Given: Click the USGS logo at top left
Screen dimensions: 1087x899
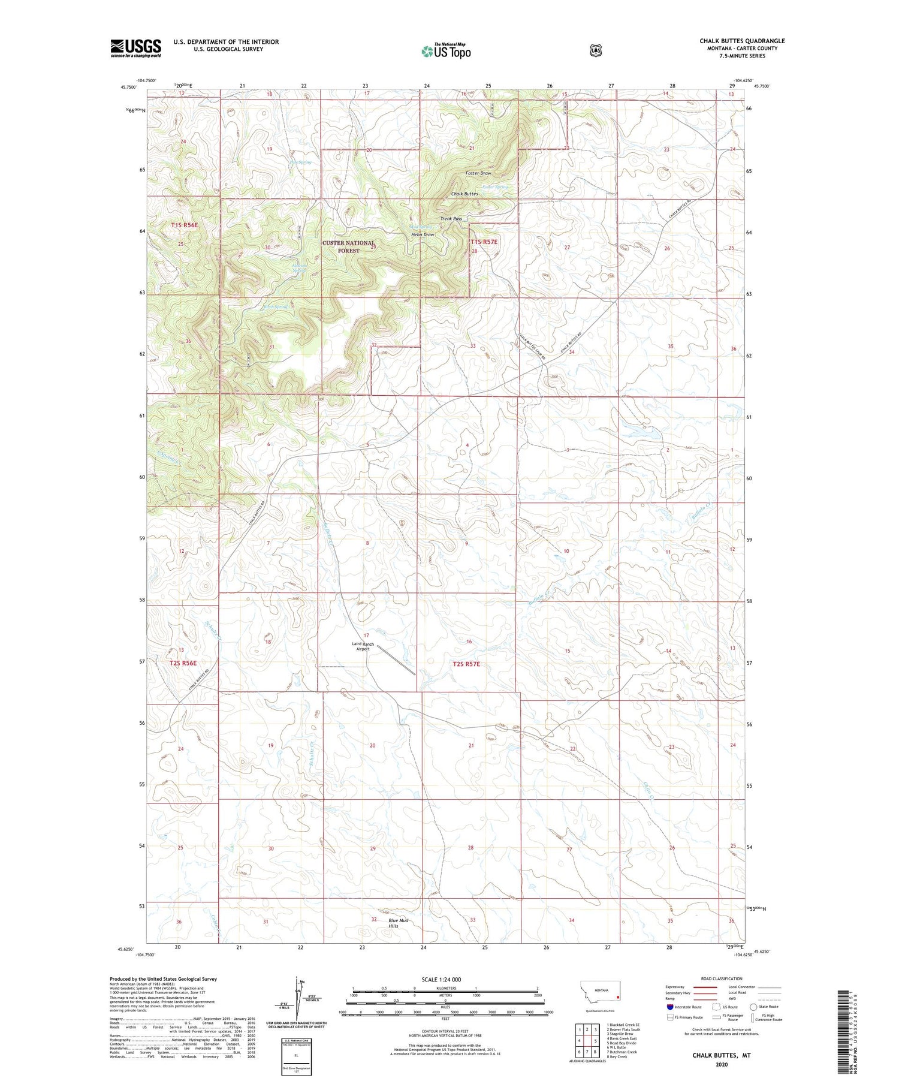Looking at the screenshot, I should (135, 48).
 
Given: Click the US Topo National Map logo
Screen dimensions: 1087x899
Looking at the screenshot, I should (446, 50).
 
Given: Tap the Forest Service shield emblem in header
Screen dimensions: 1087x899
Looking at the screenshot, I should (595, 51).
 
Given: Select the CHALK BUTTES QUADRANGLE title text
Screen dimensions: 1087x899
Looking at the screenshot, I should (741, 41).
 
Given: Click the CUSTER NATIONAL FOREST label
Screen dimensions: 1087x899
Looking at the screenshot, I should (348, 246).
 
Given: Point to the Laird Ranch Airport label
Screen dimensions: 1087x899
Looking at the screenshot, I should (363, 646).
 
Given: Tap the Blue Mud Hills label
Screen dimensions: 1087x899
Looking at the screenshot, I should (398, 923).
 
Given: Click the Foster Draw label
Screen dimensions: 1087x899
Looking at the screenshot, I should (478, 173).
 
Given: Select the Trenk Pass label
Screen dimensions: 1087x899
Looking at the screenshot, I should (451, 219).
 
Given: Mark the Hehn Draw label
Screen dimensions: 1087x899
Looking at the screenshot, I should (423, 234).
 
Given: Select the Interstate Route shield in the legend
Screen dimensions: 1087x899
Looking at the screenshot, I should (669, 1007).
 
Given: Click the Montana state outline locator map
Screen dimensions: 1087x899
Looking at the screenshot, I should (600, 993).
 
